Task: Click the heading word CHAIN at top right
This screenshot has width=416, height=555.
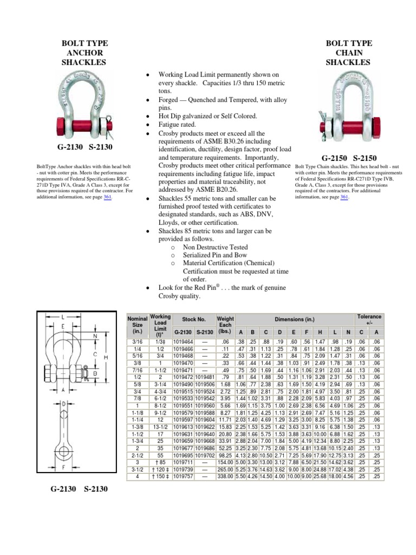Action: tap(348, 53)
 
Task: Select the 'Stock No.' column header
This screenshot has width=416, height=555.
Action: tap(193, 320)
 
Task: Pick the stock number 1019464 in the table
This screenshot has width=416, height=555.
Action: tap(183, 343)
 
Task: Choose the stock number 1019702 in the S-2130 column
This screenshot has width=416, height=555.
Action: tap(205, 455)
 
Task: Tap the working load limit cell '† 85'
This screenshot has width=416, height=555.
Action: tap(160, 462)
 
